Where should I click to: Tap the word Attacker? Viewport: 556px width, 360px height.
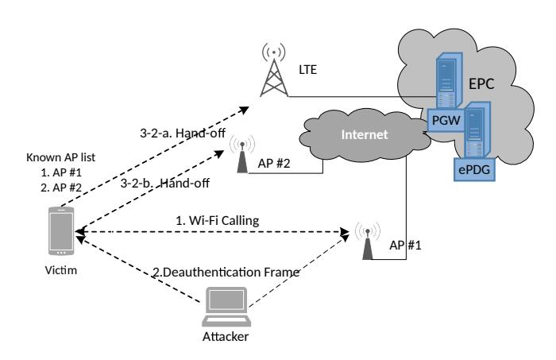click(226, 336)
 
